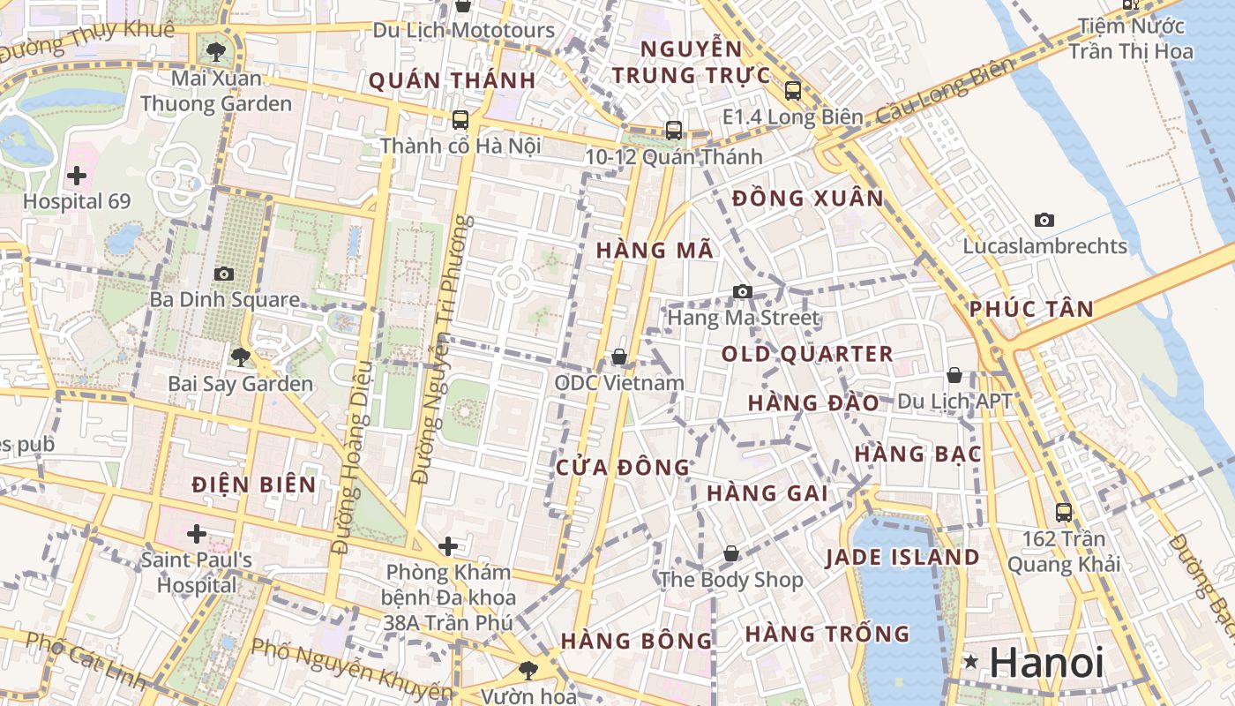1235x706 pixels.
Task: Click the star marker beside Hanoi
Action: [x=971, y=661]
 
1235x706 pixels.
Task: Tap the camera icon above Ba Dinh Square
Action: [x=224, y=274]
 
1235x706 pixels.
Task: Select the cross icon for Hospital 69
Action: [x=77, y=176]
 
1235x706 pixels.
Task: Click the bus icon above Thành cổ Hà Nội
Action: [x=460, y=119]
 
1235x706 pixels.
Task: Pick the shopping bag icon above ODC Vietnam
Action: [x=619, y=357]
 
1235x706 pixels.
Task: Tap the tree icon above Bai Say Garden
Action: [x=240, y=357]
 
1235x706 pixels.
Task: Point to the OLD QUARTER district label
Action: [x=807, y=354]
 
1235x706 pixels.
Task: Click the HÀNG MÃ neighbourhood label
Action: [x=655, y=250]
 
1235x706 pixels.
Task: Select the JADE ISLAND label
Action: [x=902, y=557]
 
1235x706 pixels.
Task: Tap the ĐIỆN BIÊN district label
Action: [x=254, y=484]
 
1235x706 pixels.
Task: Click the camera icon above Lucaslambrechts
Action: [x=1044, y=220]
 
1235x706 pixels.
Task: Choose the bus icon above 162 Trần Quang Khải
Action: [x=1064, y=512]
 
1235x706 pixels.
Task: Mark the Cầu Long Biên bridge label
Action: [x=935, y=93]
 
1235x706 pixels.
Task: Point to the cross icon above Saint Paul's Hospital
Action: [x=197, y=534]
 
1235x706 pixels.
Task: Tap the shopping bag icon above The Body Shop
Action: [x=731, y=553]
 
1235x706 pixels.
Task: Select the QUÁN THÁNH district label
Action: [x=452, y=80]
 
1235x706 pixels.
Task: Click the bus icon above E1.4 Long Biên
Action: [x=792, y=90]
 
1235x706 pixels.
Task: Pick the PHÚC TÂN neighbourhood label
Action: [x=1031, y=309]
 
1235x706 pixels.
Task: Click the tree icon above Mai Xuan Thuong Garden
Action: [x=216, y=51]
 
